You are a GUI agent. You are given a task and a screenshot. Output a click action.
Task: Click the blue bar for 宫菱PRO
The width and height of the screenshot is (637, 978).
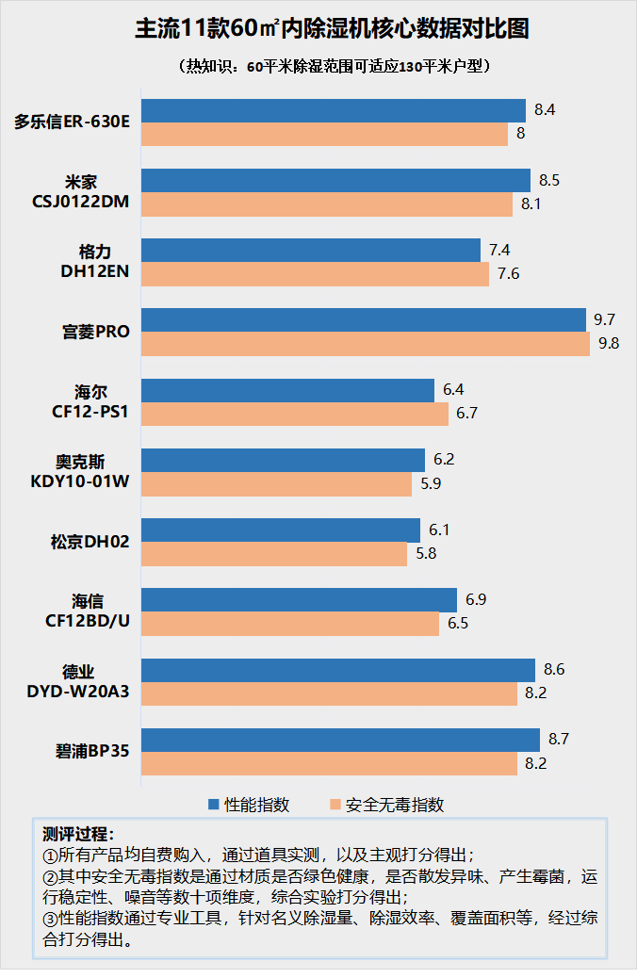pos(364,320)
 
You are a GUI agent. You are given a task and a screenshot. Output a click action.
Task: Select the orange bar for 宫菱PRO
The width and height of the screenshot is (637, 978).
pos(366,344)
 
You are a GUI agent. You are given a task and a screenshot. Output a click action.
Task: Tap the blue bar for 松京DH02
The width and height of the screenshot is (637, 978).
pos(281,530)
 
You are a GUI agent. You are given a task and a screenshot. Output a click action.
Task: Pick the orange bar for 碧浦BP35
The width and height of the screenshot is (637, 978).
pos(329,763)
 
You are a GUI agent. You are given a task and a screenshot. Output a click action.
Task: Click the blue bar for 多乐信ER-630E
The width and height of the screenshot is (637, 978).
pos(334,110)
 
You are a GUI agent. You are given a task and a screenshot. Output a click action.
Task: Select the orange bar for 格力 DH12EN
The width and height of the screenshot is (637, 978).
pos(315,274)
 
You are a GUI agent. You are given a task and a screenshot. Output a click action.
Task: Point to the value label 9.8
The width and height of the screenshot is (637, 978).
pos(609,344)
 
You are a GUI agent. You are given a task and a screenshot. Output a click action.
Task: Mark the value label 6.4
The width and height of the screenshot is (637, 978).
pos(453,390)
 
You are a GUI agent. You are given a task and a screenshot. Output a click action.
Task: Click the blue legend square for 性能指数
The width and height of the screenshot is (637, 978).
pos(214,805)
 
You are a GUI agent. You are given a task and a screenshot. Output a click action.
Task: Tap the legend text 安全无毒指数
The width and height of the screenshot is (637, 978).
pos(395,805)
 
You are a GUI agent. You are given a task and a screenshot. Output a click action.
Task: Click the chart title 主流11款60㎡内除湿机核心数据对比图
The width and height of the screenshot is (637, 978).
pos(318,29)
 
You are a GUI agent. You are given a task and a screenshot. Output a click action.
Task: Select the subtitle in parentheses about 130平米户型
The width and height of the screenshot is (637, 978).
pos(318,67)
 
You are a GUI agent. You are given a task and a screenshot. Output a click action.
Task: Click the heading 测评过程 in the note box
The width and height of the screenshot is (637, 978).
pos(79,834)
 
